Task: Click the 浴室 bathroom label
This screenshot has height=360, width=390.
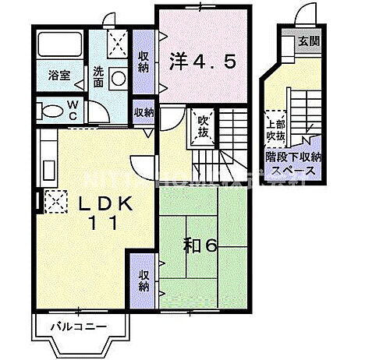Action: point(59,76)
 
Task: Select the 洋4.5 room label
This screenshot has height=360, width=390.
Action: point(200,61)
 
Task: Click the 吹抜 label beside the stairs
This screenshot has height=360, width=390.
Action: point(202,125)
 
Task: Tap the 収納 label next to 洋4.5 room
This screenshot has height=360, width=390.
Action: point(144,61)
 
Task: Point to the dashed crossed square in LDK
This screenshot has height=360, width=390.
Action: point(55,203)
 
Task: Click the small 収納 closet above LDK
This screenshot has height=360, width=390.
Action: point(144,112)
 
